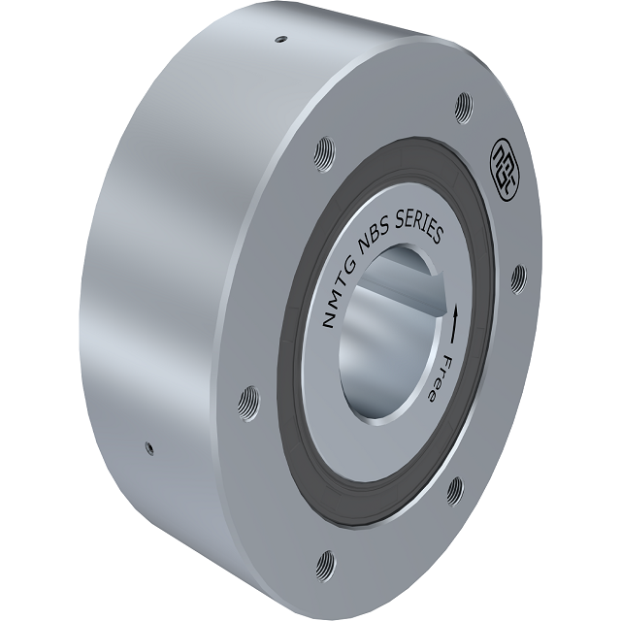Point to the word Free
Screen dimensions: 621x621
[x=439, y=377]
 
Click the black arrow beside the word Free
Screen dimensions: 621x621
[x=453, y=323]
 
